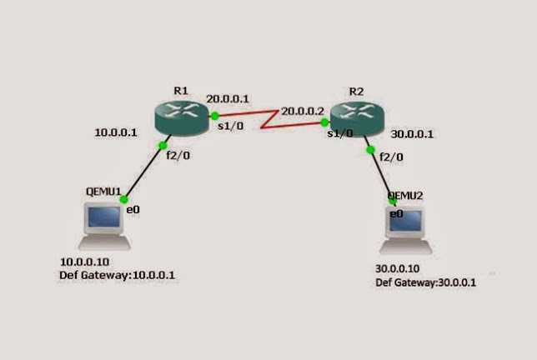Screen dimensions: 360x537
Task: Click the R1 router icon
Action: (x=181, y=116)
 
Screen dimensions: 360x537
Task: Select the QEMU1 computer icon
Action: (x=103, y=223)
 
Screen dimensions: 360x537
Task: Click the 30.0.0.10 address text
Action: (x=399, y=270)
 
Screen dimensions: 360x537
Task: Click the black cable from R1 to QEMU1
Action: (x=143, y=172)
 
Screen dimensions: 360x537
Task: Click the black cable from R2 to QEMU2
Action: (x=381, y=175)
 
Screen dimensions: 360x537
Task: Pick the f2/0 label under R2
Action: (x=391, y=156)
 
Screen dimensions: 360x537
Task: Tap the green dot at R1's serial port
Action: (x=214, y=116)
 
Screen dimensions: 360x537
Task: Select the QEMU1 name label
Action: (x=104, y=191)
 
